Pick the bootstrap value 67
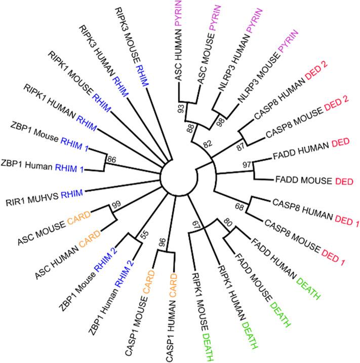(191, 225)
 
